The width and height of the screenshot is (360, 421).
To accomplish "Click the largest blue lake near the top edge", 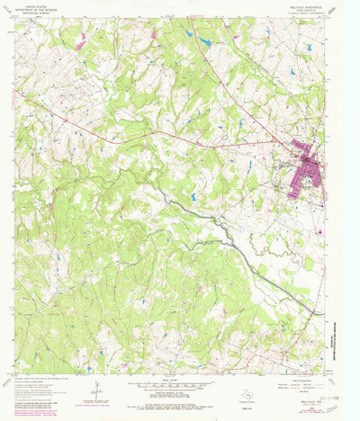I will [206, 42].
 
